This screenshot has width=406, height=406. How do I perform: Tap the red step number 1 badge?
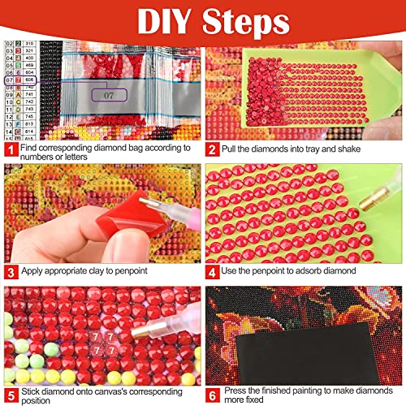point(10,149)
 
